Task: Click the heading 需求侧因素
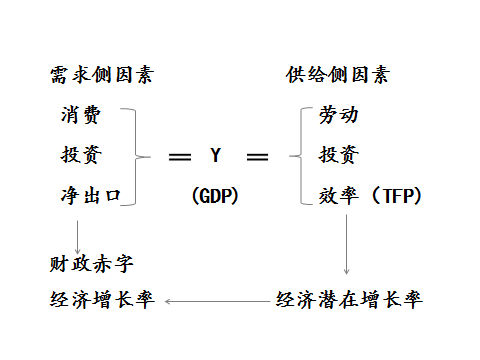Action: point(101,76)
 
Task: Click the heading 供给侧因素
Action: point(337,76)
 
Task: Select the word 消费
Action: point(80,115)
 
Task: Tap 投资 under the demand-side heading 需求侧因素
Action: point(80,155)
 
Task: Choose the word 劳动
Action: point(338,115)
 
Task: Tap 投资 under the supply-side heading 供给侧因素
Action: point(338,155)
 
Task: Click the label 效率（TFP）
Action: point(370,195)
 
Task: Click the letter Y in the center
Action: point(215,156)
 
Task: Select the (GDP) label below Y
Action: point(215,196)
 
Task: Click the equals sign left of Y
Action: point(180,157)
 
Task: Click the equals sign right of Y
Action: point(257,157)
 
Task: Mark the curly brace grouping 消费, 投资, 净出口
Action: point(140,156)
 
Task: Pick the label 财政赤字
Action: point(91,264)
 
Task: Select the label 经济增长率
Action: point(101,300)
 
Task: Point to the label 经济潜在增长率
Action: point(349,300)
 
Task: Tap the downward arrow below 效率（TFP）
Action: point(347,245)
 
